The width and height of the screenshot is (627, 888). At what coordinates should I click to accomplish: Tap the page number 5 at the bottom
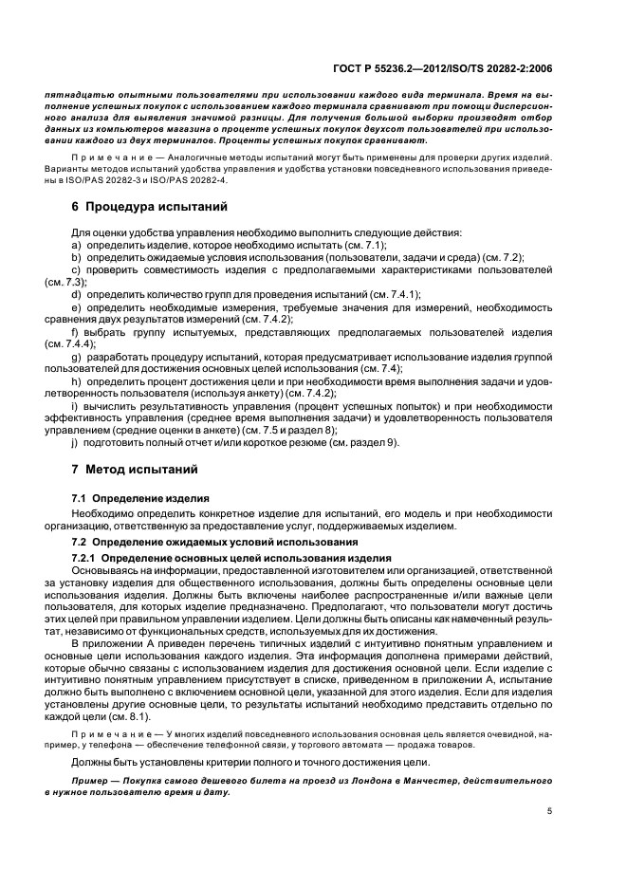[x=549, y=811]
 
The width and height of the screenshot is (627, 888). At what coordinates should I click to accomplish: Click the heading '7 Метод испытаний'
[x=134, y=469]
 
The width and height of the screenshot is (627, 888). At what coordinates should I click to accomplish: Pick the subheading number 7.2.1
[x=87, y=557]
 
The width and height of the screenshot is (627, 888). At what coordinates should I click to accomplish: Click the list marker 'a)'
[x=77, y=245]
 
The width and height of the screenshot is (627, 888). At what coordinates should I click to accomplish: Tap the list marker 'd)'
[x=77, y=294]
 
